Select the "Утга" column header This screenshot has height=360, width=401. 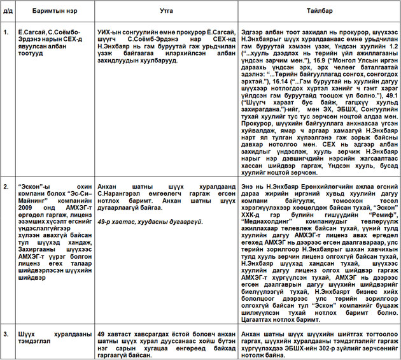coord(167,11)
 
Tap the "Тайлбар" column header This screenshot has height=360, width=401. coord(318,11)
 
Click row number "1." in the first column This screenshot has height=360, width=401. coord(6,31)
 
